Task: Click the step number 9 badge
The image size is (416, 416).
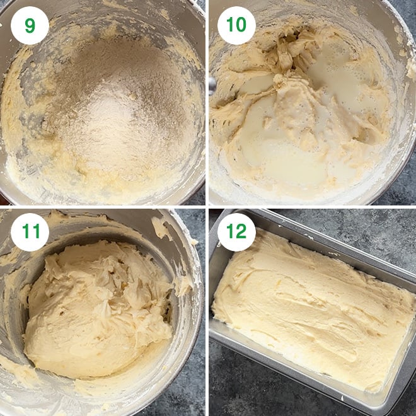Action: [30, 26]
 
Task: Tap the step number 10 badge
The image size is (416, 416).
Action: [236, 26]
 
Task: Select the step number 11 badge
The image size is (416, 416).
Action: [30, 233]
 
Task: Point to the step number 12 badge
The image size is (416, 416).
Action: [236, 233]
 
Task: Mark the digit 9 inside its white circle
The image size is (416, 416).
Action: [30, 26]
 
